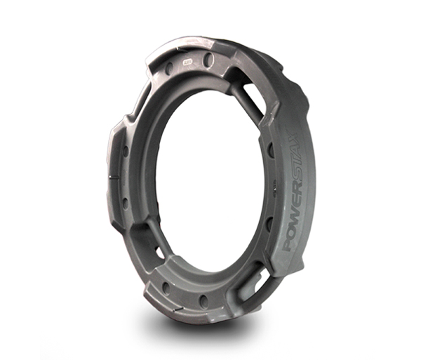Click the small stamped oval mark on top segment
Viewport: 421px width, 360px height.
click(189, 62)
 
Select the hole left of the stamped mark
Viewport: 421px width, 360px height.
click(168, 69)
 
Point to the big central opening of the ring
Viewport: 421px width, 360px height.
click(210, 182)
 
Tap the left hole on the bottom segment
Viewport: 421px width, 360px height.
click(166, 287)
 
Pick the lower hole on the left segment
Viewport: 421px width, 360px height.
click(125, 204)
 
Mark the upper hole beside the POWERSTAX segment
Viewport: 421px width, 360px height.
click(269, 151)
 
